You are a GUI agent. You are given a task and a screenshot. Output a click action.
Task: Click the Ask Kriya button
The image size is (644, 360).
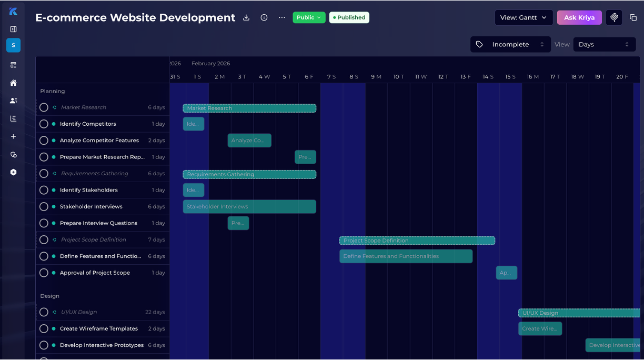pyautogui.click(x=579, y=17)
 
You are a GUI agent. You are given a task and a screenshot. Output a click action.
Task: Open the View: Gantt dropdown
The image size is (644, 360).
pyautogui.click(x=524, y=17)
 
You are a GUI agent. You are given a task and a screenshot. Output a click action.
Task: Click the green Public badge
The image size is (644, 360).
pyautogui.click(x=309, y=17)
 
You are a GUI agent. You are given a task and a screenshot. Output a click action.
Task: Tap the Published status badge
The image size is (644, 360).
pyautogui.click(x=349, y=17)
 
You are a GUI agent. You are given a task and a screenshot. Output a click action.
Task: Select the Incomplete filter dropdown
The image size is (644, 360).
pyautogui.click(x=510, y=44)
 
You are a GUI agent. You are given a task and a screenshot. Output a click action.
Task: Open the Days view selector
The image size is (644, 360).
pyautogui.click(x=604, y=44)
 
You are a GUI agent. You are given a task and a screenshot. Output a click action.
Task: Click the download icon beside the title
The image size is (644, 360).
pyautogui.click(x=246, y=17)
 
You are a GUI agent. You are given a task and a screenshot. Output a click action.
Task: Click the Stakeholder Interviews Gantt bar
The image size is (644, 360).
pyautogui.click(x=249, y=206)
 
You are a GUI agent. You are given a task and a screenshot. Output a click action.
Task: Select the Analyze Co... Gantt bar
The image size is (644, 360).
pyautogui.click(x=249, y=141)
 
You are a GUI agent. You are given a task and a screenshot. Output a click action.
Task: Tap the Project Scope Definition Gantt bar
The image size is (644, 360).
pyautogui.click(x=417, y=241)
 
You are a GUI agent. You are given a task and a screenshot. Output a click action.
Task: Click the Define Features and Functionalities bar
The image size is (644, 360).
pyautogui.click(x=406, y=256)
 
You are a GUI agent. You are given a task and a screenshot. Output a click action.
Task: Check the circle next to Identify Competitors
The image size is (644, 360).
pyautogui.click(x=44, y=124)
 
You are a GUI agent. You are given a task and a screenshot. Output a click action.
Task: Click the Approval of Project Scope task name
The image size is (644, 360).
pyautogui.click(x=95, y=273)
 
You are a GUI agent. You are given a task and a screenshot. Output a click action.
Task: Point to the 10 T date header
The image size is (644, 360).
pyautogui.click(x=399, y=77)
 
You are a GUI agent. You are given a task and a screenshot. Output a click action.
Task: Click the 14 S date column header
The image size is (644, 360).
pyautogui.click(x=488, y=77)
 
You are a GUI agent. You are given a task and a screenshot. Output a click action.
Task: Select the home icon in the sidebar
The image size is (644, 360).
pyautogui.click(x=14, y=83)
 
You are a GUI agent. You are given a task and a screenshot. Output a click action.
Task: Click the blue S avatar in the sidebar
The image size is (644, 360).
pyautogui.click(x=14, y=45)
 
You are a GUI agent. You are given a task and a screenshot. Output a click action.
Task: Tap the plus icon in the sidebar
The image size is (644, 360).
pyautogui.click(x=14, y=136)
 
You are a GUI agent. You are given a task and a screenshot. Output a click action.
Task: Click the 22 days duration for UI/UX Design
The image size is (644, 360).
pyautogui.click(x=155, y=312)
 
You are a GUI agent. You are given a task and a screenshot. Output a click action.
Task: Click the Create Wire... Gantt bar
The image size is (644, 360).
pyautogui.click(x=540, y=328)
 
